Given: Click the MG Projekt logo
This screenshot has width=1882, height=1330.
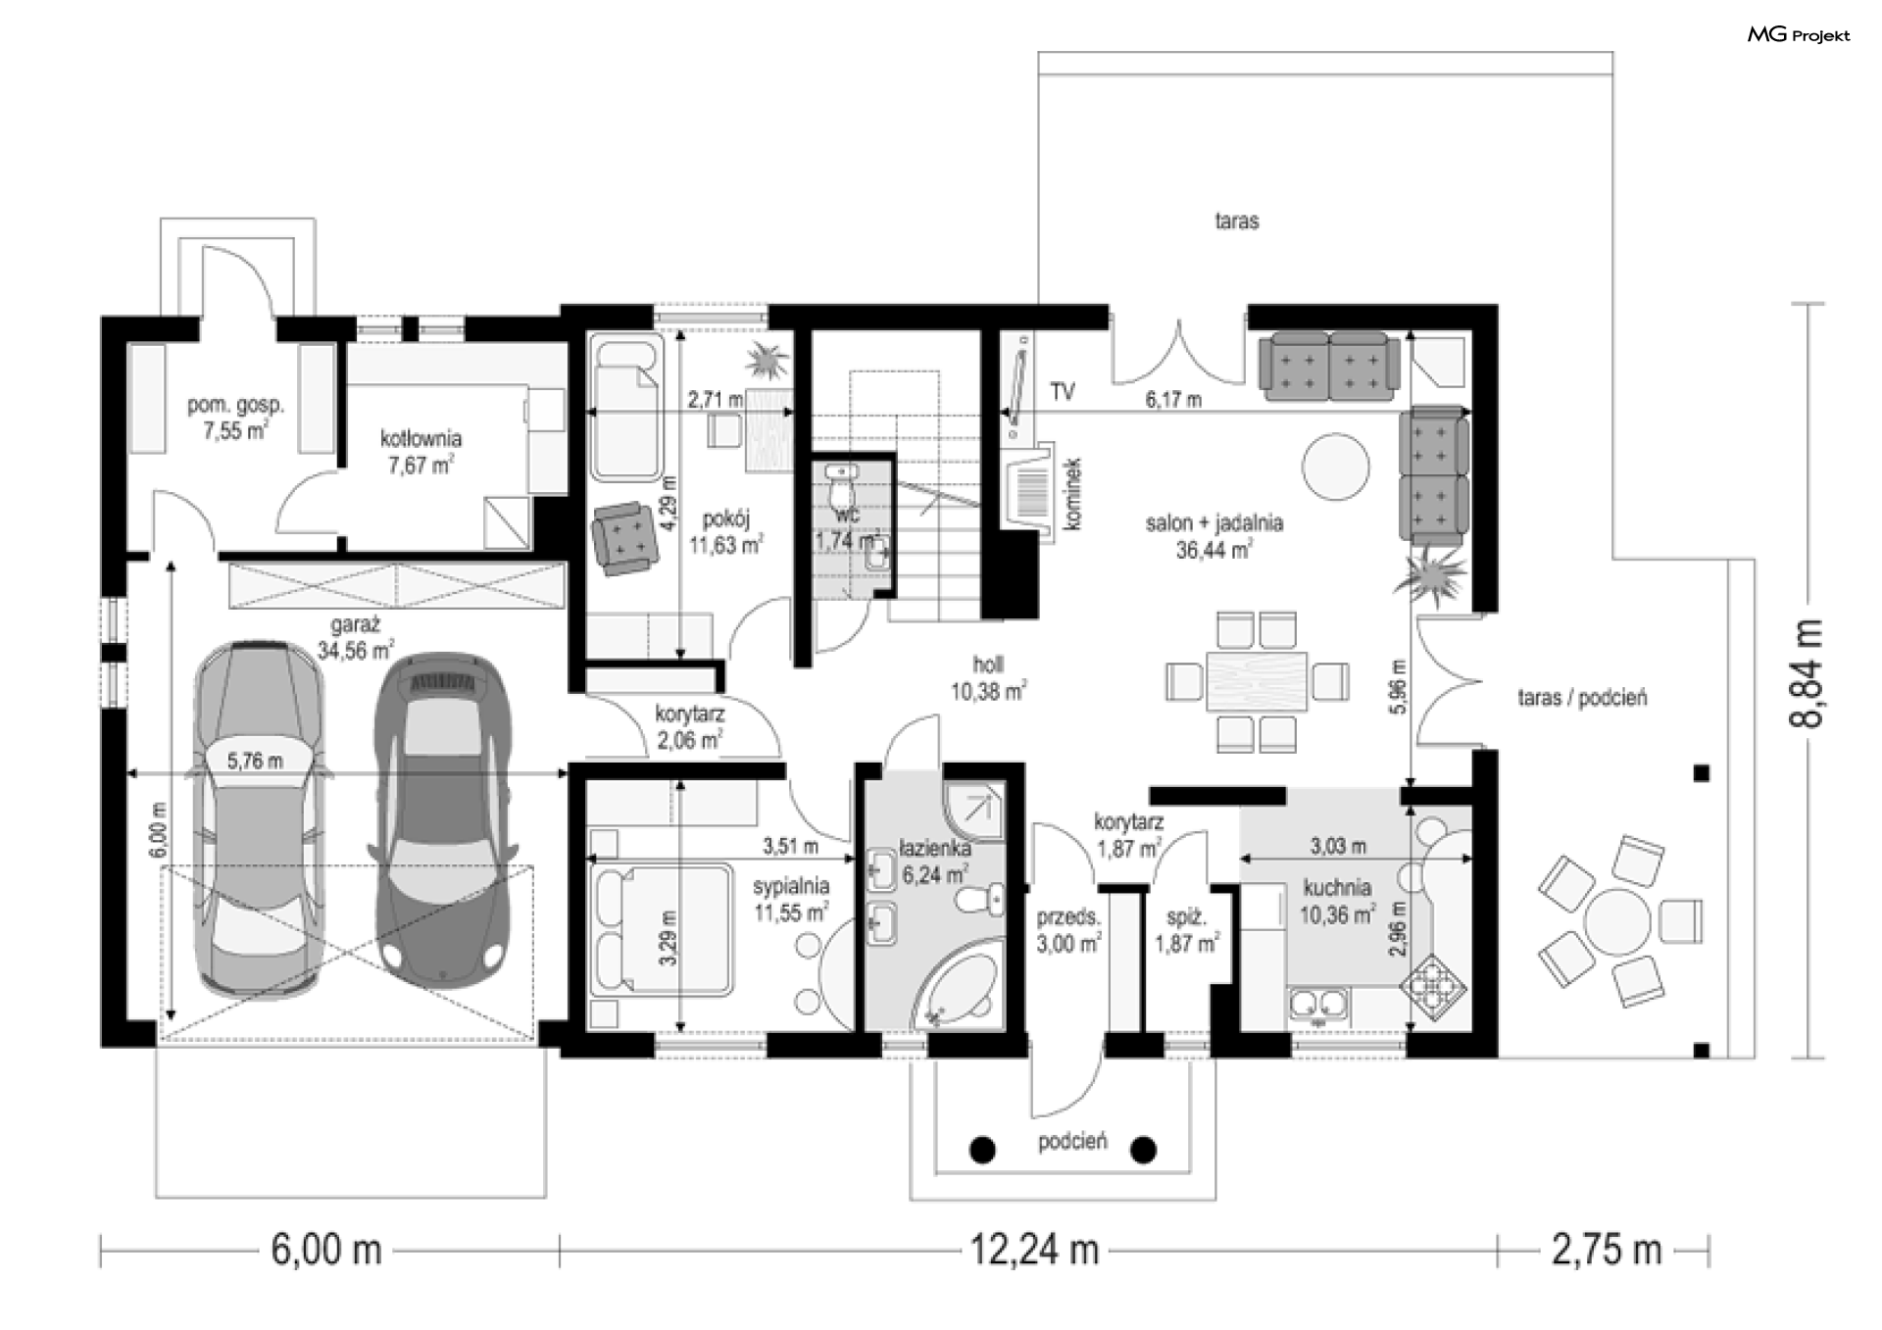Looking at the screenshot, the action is (1799, 35).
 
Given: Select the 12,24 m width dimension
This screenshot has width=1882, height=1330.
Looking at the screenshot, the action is (1034, 1251).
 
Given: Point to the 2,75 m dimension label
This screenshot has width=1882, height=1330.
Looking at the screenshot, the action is (1607, 1251).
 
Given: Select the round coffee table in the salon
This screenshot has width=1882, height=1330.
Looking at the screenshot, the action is (1334, 467).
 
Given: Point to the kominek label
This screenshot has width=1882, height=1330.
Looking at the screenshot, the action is (1072, 494).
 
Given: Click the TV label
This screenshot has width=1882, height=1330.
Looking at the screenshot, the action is (1063, 392).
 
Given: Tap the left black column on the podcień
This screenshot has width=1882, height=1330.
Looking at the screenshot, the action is (982, 1150).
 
